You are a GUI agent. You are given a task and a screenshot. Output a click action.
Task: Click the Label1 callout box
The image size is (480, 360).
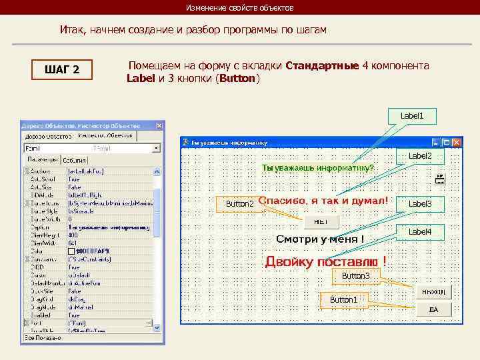pyautogui.click(x=412, y=116)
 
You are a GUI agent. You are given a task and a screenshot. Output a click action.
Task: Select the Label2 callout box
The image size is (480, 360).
pyautogui.click(x=420, y=156)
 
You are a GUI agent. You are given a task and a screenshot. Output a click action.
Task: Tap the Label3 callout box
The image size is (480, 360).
pyautogui.click(x=420, y=203)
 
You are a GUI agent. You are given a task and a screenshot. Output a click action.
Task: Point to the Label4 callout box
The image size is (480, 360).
pyautogui.click(x=420, y=231)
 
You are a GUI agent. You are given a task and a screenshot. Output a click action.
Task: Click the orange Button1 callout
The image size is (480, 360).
pyautogui.click(x=343, y=300)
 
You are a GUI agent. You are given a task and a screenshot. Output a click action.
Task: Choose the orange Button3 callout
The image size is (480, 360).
pyautogui.click(x=355, y=275)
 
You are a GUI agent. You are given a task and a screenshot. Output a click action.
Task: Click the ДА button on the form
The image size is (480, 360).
pyautogui.click(x=434, y=309)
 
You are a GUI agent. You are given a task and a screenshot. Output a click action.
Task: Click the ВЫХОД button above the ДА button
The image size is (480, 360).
pyautogui.click(x=434, y=292)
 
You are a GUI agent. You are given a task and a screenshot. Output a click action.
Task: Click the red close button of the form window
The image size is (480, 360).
pyautogui.click(x=457, y=142)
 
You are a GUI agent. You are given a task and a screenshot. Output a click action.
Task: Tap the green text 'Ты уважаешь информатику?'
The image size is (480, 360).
pyautogui.click(x=318, y=167)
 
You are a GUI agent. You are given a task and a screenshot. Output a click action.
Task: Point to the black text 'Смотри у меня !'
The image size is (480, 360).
pyautogui.click(x=320, y=239)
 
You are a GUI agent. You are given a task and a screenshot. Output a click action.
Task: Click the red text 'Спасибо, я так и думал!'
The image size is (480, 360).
pyautogui.click(x=322, y=200)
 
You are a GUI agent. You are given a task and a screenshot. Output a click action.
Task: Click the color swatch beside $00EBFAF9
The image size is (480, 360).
pyautogui.click(x=71, y=251)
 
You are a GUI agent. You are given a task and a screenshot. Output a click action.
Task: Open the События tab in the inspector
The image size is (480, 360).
pyautogui.click(x=75, y=161)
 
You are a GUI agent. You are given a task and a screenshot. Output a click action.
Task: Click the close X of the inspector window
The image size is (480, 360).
pyautogui.click(x=159, y=125)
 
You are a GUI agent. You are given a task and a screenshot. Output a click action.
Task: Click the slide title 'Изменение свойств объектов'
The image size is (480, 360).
pyautogui.click(x=239, y=8)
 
